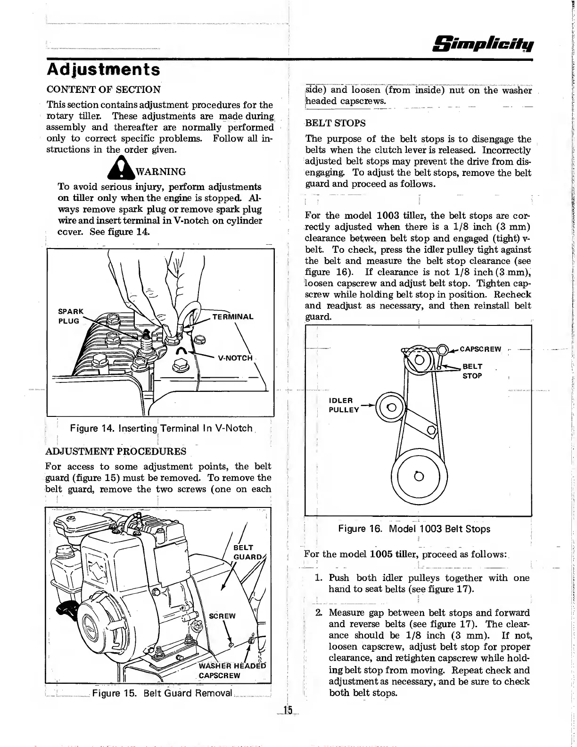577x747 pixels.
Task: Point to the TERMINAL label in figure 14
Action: pyautogui.click(x=233, y=317)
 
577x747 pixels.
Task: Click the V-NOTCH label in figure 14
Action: pyautogui.click(x=236, y=357)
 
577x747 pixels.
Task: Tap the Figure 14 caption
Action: pyautogui.click(x=161, y=429)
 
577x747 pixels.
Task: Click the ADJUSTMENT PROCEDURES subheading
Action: pyautogui.click(x=116, y=451)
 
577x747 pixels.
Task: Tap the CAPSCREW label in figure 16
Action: pyautogui.click(x=480, y=349)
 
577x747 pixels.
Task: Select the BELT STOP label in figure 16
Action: pyautogui.click(x=472, y=371)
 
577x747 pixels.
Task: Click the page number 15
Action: pyautogui.click(x=288, y=711)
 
